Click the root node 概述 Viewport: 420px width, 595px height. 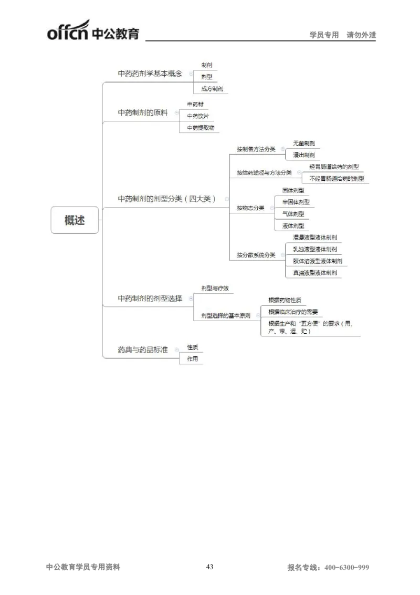pos(75,221)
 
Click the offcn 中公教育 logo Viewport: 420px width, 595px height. pos(93,30)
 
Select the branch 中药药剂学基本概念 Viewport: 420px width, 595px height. pos(150,74)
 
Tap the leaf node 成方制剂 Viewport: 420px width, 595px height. pos(212,89)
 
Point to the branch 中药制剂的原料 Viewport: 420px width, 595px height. pos(143,112)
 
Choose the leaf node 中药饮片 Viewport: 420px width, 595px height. pos(197,116)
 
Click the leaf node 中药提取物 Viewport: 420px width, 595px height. pos(201,128)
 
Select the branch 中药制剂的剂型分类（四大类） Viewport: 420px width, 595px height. pos(166,199)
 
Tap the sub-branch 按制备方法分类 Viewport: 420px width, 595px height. pos(256,149)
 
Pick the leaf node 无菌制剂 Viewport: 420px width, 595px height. pos(304,143)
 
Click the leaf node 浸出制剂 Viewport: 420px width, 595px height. pos(304,155)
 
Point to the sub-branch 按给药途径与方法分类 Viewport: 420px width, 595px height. pos(264,173)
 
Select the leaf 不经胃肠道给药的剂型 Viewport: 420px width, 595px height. pos(337,179)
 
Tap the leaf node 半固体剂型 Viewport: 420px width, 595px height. pos(296,202)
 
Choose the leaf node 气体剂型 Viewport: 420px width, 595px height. pos(293,214)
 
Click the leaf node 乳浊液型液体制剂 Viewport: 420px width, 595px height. pos(315,249)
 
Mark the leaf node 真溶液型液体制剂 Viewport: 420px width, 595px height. pos(315,273)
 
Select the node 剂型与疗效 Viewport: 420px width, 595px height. pos(215,289)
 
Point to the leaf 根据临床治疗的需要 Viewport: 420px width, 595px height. pos(293,312)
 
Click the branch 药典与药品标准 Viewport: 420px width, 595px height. pos(143,350)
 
